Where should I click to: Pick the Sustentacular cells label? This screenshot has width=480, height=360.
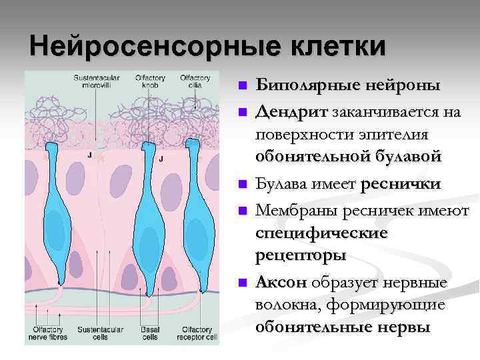tap(97, 333)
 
